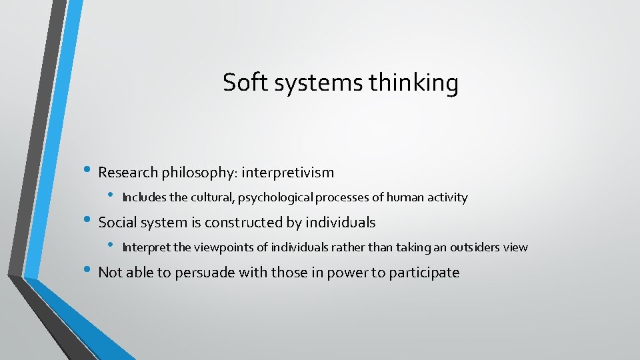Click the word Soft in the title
pos(239,83)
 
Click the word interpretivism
pos(288,173)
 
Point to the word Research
pos(127,173)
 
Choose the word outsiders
pos(476,247)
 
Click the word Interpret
pos(147,247)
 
